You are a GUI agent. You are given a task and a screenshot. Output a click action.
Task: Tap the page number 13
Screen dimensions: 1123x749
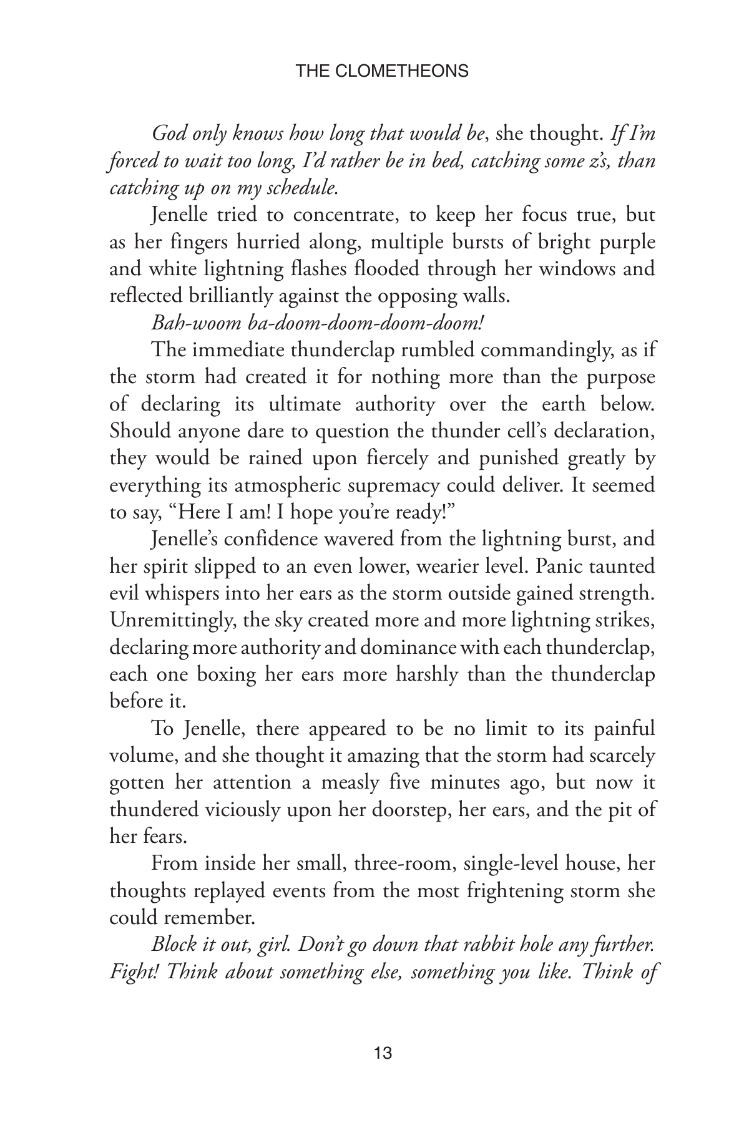[383, 1054]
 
